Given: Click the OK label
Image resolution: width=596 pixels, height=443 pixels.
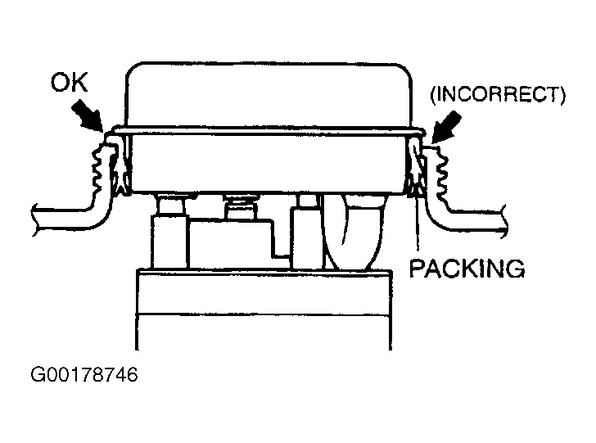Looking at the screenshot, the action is (70, 83).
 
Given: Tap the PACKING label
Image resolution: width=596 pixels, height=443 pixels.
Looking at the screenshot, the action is (467, 268).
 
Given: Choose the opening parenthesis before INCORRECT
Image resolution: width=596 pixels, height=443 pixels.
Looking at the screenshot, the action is (431, 95).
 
